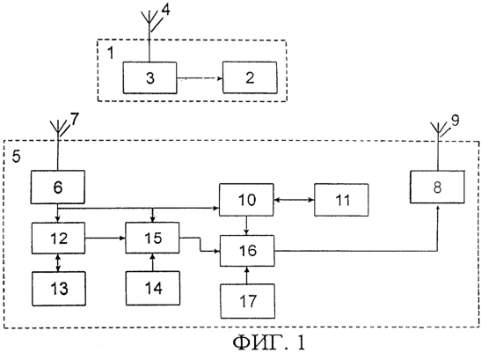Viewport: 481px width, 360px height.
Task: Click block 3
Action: click(150, 77)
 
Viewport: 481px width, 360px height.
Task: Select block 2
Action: click(250, 77)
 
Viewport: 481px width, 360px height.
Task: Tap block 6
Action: click(58, 187)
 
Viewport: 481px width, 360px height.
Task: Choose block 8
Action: click(437, 187)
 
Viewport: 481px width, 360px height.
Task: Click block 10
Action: click(246, 200)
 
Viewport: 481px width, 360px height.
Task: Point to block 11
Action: click(341, 200)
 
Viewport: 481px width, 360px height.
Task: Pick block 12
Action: click(58, 238)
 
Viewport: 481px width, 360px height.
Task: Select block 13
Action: click(59, 289)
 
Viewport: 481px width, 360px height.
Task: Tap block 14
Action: click(153, 288)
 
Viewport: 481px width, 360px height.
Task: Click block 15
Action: click(152, 238)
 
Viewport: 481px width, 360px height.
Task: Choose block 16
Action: click(247, 251)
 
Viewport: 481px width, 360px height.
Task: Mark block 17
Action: click(248, 301)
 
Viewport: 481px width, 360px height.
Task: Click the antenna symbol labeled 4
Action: click(149, 21)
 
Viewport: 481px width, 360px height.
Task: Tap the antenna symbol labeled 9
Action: click(437, 130)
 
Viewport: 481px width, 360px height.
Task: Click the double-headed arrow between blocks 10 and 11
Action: click(294, 200)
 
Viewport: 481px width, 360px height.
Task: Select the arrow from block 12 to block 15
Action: click(106, 238)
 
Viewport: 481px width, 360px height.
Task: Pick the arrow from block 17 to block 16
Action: click(247, 276)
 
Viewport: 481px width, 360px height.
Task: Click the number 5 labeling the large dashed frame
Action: click(16, 157)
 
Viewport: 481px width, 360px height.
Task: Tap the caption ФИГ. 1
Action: click(269, 342)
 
